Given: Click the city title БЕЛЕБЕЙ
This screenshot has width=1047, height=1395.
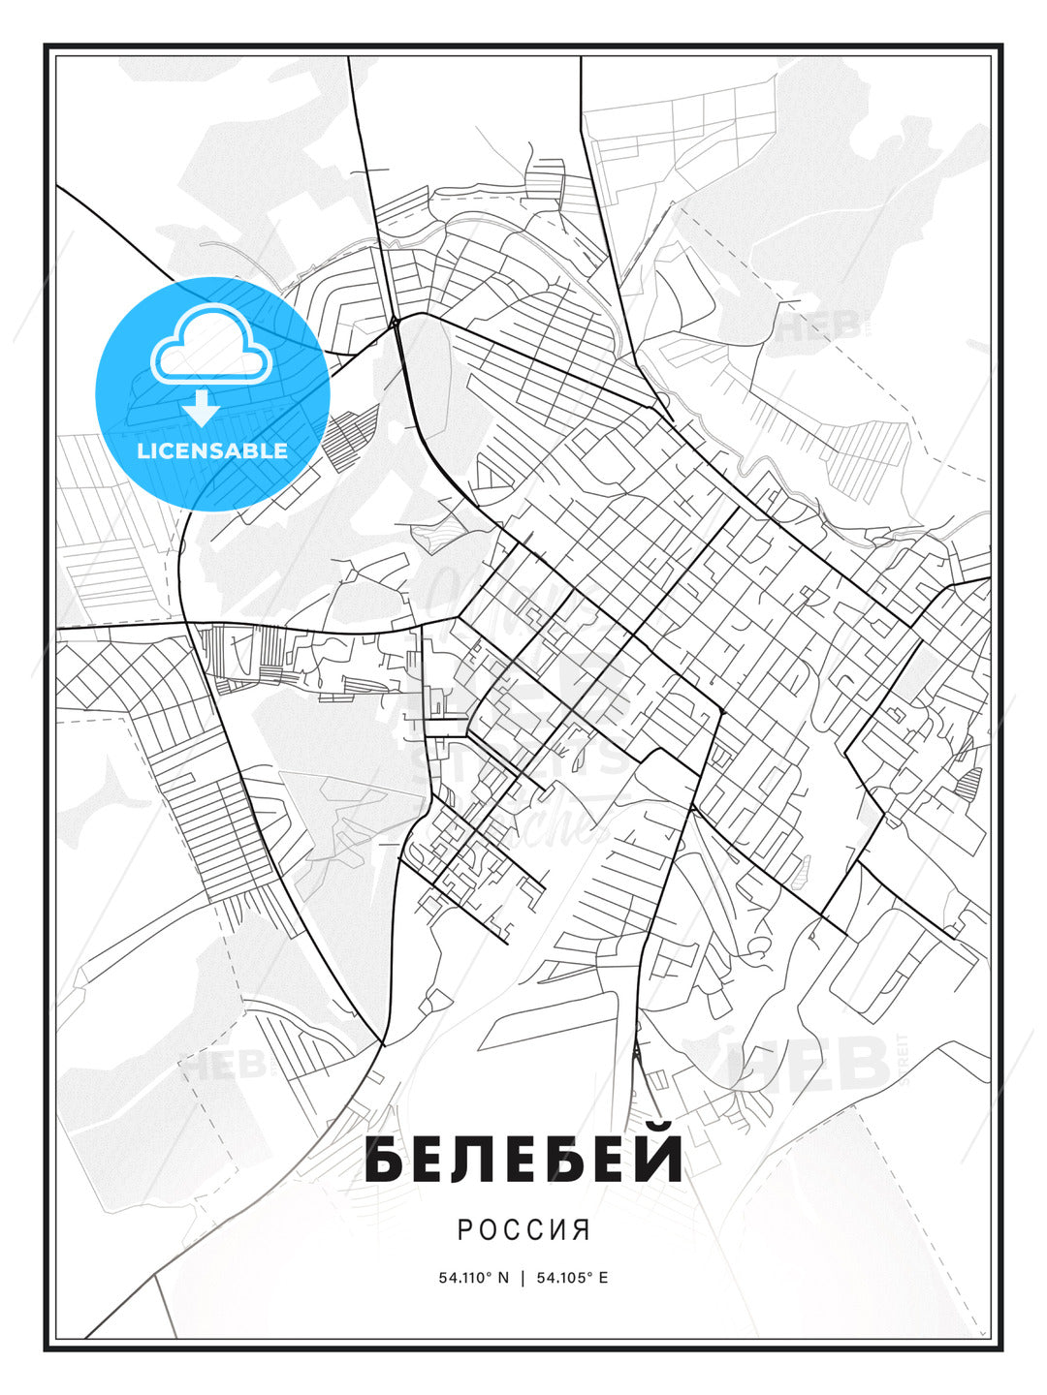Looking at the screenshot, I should (x=523, y=1160).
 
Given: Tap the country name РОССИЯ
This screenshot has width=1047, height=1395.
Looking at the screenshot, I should (x=523, y=1230).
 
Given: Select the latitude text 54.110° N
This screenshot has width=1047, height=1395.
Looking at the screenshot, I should (x=473, y=1278).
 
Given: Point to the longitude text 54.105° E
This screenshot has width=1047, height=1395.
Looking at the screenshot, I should (x=572, y=1278).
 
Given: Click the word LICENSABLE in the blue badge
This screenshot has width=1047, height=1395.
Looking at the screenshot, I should (x=212, y=450).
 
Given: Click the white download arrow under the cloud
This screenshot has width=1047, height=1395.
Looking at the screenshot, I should (x=202, y=408).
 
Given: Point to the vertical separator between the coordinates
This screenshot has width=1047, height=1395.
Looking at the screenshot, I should (x=523, y=1278).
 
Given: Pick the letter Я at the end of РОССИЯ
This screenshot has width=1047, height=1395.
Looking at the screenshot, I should (x=582, y=1230).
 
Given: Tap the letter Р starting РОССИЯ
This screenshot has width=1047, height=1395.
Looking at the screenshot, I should (x=464, y=1230).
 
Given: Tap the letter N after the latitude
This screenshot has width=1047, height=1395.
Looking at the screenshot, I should (x=503, y=1278).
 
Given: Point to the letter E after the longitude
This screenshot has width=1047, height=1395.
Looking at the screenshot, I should (x=603, y=1278).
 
